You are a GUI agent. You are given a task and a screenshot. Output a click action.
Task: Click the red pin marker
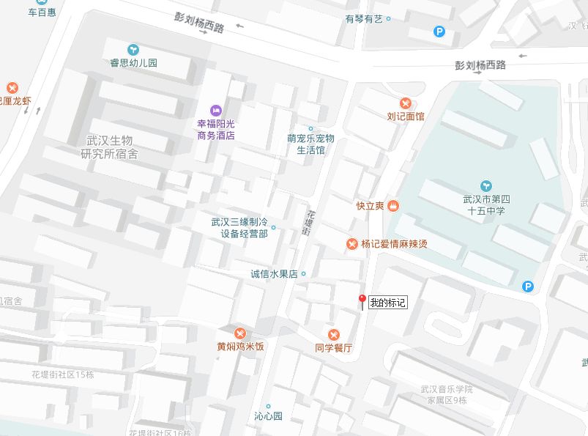tap(361, 300)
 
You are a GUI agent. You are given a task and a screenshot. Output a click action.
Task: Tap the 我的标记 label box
tap(387, 302)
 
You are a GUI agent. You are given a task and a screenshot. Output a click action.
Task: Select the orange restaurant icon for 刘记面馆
tap(405, 103)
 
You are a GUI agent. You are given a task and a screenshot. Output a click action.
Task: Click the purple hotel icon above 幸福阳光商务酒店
tap(215, 109)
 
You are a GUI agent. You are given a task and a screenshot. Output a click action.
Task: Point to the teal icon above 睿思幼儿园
tap(133, 49)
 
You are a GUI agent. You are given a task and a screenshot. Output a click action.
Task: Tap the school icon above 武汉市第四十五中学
tap(486, 185)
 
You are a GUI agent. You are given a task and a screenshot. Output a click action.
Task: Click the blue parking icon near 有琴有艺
tap(439, 32)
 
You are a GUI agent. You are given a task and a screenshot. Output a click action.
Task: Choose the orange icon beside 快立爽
tap(393, 205)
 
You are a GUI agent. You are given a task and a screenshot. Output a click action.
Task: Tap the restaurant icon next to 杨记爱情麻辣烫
tap(352, 244)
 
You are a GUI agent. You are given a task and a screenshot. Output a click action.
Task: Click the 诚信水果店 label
tap(274, 274)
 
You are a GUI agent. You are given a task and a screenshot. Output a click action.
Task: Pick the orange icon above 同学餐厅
tap(333, 334)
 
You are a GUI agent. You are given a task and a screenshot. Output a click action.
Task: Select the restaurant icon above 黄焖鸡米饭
tap(240, 333)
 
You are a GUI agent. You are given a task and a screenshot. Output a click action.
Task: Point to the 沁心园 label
tap(268, 416)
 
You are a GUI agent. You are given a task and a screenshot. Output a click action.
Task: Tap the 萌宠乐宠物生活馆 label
tap(310, 144)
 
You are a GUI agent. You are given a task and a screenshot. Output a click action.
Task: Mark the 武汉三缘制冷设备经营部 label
tap(239, 228)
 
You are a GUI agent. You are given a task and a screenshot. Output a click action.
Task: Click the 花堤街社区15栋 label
tap(63, 374)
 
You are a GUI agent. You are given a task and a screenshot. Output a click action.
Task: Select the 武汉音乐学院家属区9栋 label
tap(446, 394)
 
